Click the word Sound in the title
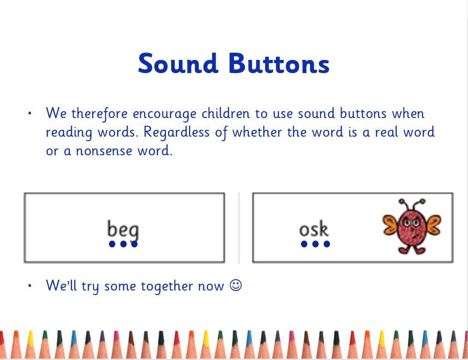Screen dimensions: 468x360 click(x=178, y=63)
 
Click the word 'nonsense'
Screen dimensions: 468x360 click(x=104, y=151)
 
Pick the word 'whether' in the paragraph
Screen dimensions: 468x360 click(x=257, y=132)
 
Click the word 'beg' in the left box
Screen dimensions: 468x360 click(x=123, y=230)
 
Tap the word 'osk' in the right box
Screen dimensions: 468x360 click(x=314, y=229)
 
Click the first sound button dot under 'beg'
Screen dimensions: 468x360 click(x=112, y=244)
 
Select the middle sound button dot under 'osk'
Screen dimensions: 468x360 click(x=315, y=244)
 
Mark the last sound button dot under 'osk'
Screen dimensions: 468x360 click(x=327, y=244)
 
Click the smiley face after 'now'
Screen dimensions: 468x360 click(x=236, y=285)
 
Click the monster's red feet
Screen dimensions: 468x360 click(x=412, y=250)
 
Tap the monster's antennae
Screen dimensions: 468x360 click(x=412, y=205)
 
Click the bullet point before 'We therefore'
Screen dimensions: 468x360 click(x=30, y=113)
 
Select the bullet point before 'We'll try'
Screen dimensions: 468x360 click(x=30, y=286)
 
